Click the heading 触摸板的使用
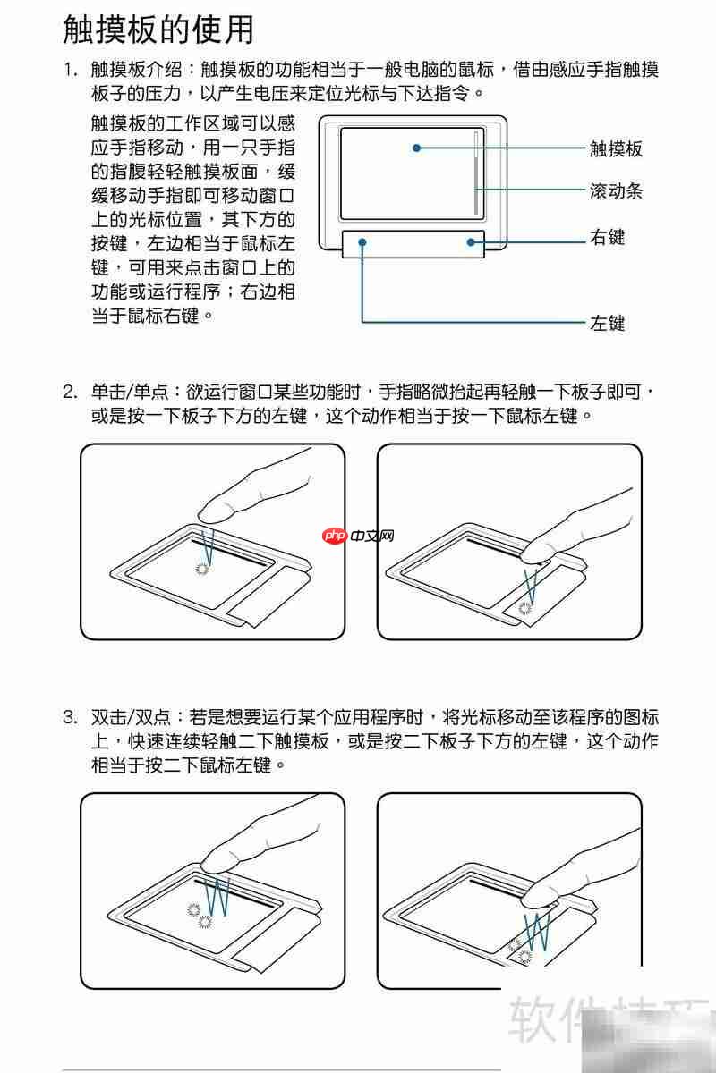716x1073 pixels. pyautogui.click(x=158, y=30)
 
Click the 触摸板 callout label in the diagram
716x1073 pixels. pyautogui.click(x=616, y=148)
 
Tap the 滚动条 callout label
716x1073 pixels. pyautogui.click(x=616, y=190)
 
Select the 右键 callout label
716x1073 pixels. pyautogui.click(x=607, y=238)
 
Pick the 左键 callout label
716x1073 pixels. pyautogui.click(x=607, y=323)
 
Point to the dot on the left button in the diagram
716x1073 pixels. pyautogui.click(x=362, y=241)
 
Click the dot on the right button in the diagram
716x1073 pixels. pyautogui.click(x=469, y=241)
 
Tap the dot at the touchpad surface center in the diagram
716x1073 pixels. pyautogui.click(x=416, y=148)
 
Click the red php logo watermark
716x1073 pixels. pyautogui.click(x=335, y=536)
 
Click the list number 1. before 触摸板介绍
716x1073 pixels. pyautogui.click(x=71, y=70)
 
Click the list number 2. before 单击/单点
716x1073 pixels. pyautogui.click(x=71, y=392)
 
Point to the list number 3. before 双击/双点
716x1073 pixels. pyautogui.click(x=71, y=717)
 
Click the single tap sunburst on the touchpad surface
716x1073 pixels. pyautogui.click(x=202, y=568)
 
